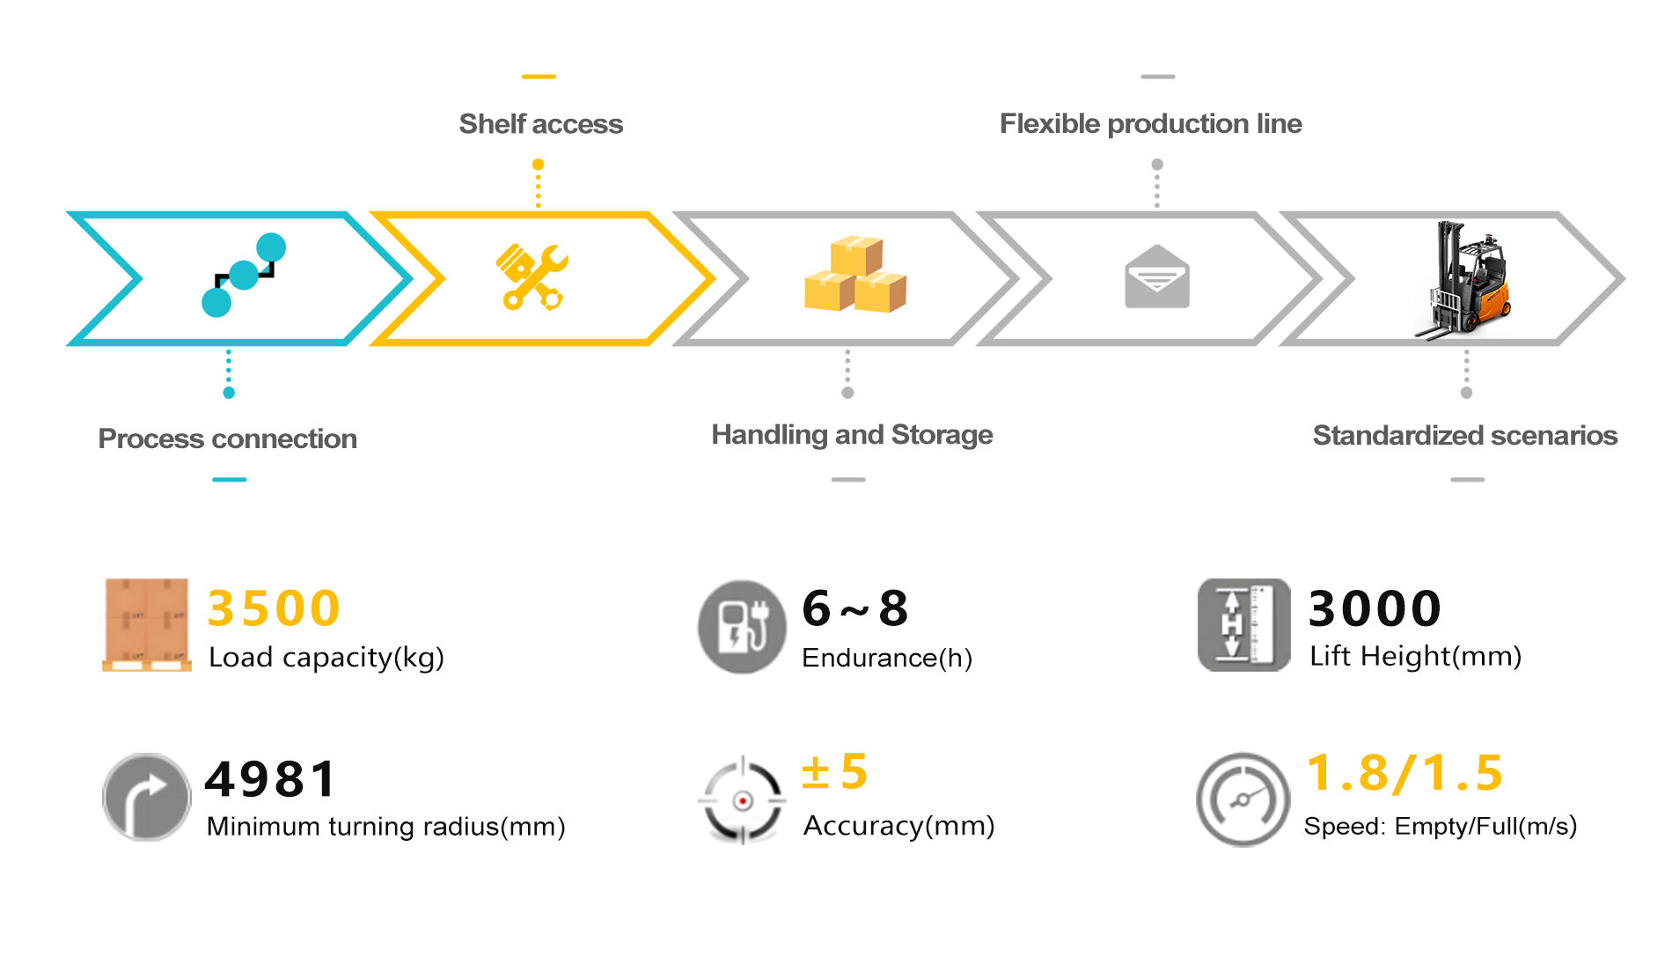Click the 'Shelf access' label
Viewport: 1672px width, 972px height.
(x=540, y=124)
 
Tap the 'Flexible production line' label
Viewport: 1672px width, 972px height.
(x=1150, y=124)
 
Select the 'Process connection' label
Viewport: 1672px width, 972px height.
(x=227, y=438)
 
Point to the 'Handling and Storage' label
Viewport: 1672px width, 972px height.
(x=851, y=435)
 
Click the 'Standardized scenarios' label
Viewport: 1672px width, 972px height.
(x=1464, y=436)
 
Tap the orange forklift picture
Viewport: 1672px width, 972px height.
(x=1463, y=280)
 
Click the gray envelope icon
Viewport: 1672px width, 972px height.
(x=1156, y=277)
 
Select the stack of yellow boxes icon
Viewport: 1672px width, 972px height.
(x=854, y=275)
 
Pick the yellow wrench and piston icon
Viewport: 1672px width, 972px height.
(x=532, y=276)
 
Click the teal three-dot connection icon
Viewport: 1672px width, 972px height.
(x=243, y=275)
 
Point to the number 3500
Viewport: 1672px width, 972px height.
(x=274, y=608)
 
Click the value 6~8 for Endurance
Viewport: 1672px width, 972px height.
(x=854, y=608)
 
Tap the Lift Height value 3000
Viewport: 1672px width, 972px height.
(x=1375, y=608)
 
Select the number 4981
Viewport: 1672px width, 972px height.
(x=271, y=779)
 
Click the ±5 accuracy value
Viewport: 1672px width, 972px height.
(x=834, y=772)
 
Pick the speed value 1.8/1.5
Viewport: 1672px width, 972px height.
(x=1404, y=773)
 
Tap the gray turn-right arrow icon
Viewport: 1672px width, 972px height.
(x=146, y=797)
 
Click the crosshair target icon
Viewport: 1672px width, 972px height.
(x=742, y=800)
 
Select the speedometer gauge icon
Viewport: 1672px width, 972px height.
(x=1243, y=799)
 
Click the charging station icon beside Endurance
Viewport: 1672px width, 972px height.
(x=742, y=626)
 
